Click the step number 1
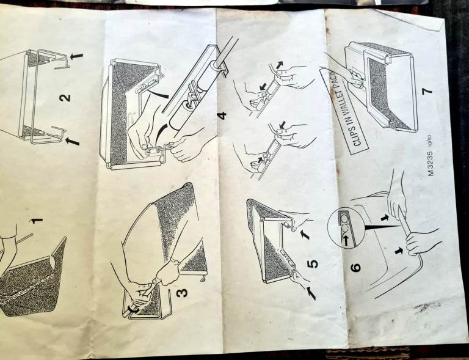pos(37,221)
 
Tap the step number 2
pos(65,98)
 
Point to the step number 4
pos(222,116)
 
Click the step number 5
pos(313,263)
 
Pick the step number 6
pos(355,267)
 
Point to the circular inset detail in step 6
pos(346,229)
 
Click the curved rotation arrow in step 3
pos(132,310)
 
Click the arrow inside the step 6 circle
pos(345,239)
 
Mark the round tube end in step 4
pos(213,65)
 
